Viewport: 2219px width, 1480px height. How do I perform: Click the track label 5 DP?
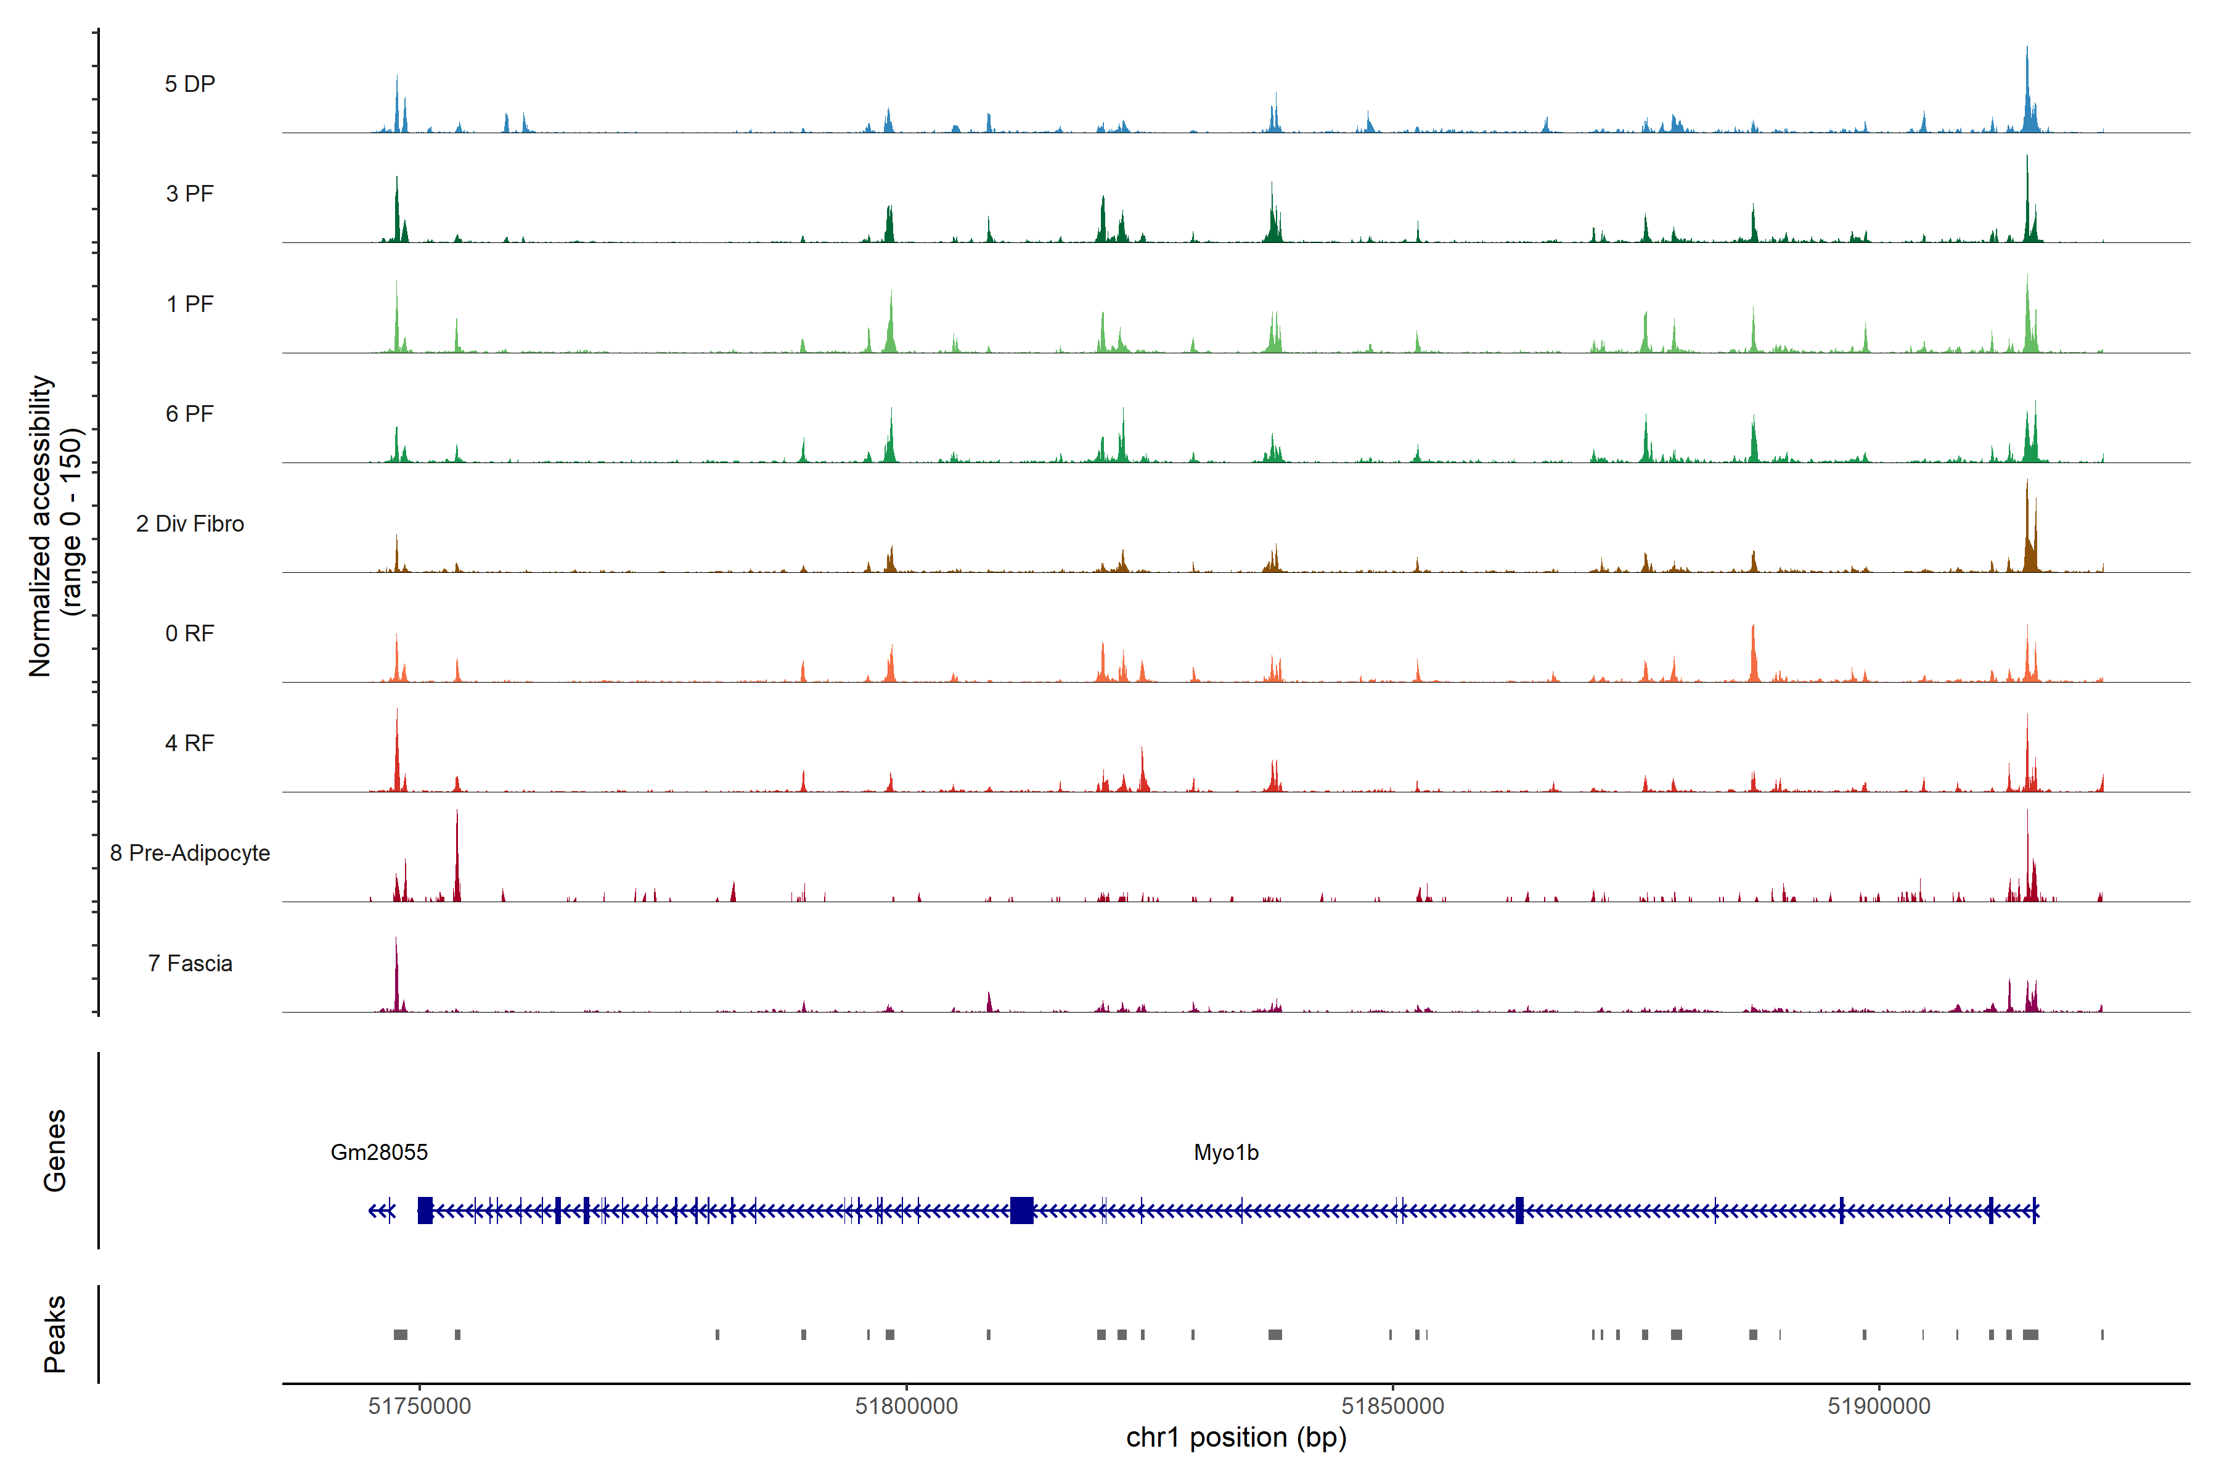[x=190, y=84]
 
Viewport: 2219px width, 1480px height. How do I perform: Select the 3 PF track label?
[x=190, y=194]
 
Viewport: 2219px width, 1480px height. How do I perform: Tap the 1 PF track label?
[x=190, y=304]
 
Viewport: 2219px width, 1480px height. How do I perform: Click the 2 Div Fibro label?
[x=190, y=524]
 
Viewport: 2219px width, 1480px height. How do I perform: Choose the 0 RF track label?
[x=190, y=633]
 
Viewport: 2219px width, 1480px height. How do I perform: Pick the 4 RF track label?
[x=190, y=743]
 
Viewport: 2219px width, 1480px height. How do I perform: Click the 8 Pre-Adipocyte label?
[x=190, y=853]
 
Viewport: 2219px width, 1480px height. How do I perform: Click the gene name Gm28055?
[x=379, y=1153]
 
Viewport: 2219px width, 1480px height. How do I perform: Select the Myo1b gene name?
[x=1225, y=1153]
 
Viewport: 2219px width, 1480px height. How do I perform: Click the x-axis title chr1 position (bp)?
[x=1236, y=1437]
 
